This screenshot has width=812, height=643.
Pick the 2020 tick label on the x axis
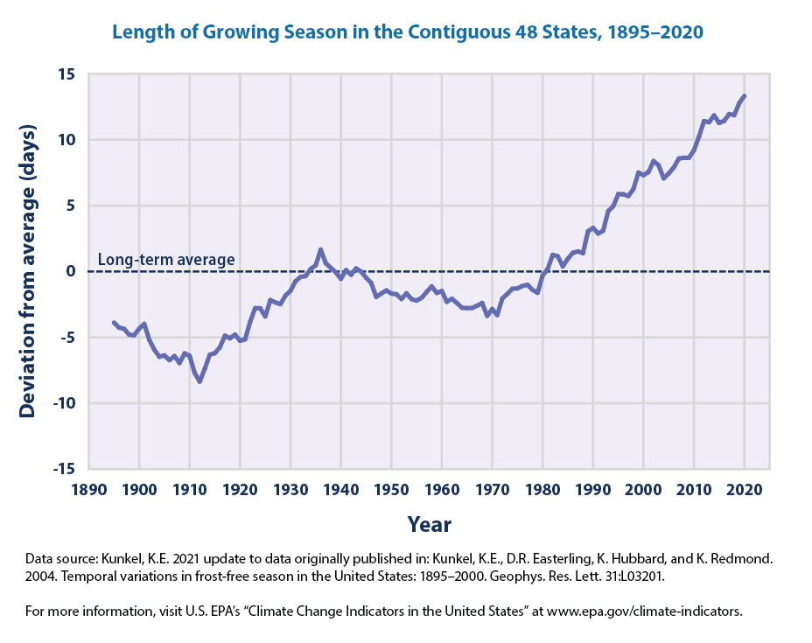[x=745, y=487]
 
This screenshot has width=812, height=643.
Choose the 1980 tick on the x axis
[x=542, y=487]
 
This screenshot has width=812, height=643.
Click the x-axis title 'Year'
[x=429, y=524]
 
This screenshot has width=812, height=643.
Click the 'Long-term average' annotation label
[x=166, y=260]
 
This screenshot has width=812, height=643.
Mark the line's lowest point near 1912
[x=199, y=381]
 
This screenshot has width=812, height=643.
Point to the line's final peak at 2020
[x=745, y=95]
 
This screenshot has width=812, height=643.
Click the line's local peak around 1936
[x=320, y=249]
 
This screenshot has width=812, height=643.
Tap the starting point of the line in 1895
[x=114, y=322]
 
